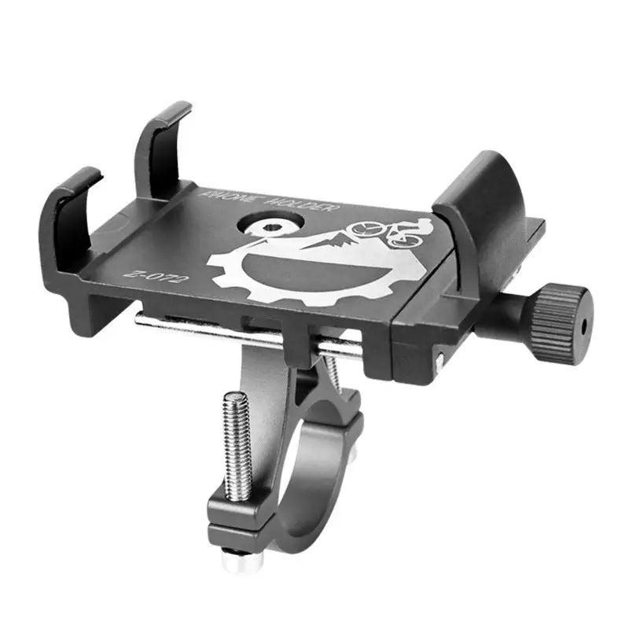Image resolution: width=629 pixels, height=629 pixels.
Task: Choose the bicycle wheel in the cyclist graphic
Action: tap(366, 229)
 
